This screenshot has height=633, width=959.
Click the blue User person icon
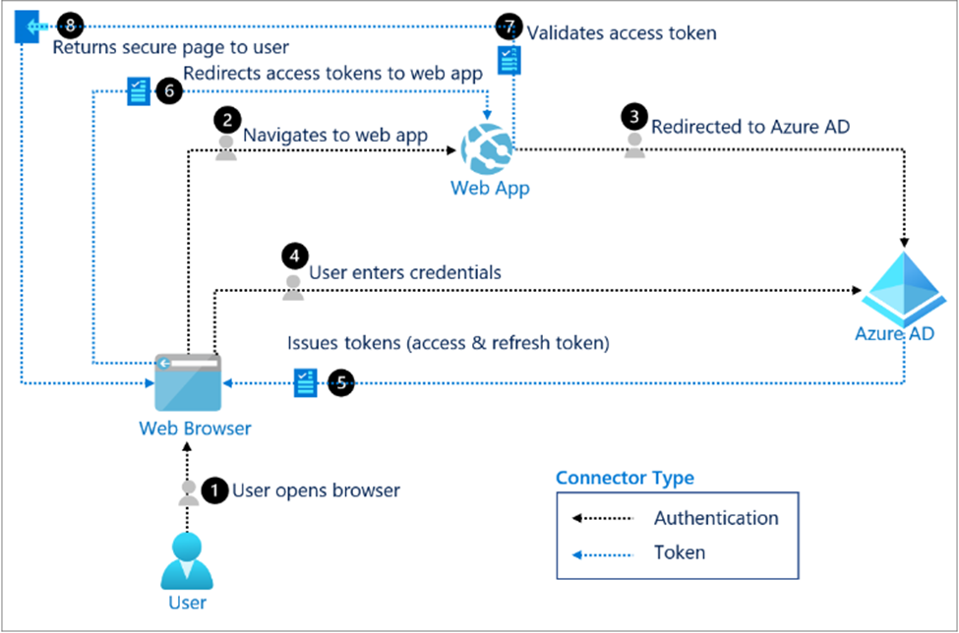click(x=187, y=558)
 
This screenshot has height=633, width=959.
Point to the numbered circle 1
click(x=214, y=489)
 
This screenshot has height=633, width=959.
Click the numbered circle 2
click(x=227, y=121)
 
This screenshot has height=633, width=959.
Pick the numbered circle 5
click(x=340, y=383)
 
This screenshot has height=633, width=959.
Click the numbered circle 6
click(x=168, y=91)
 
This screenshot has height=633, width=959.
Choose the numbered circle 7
click(x=509, y=24)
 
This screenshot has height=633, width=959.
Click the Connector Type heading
click(x=625, y=479)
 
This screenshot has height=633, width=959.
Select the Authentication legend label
click(x=716, y=518)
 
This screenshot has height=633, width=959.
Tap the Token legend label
click(x=680, y=552)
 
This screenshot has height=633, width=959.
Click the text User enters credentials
click(x=405, y=272)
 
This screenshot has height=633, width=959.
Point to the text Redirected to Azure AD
click(x=750, y=127)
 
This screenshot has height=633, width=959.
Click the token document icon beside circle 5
click(x=305, y=383)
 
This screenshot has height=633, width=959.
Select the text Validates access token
click(x=622, y=32)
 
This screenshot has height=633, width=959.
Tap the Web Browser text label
click(x=195, y=429)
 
